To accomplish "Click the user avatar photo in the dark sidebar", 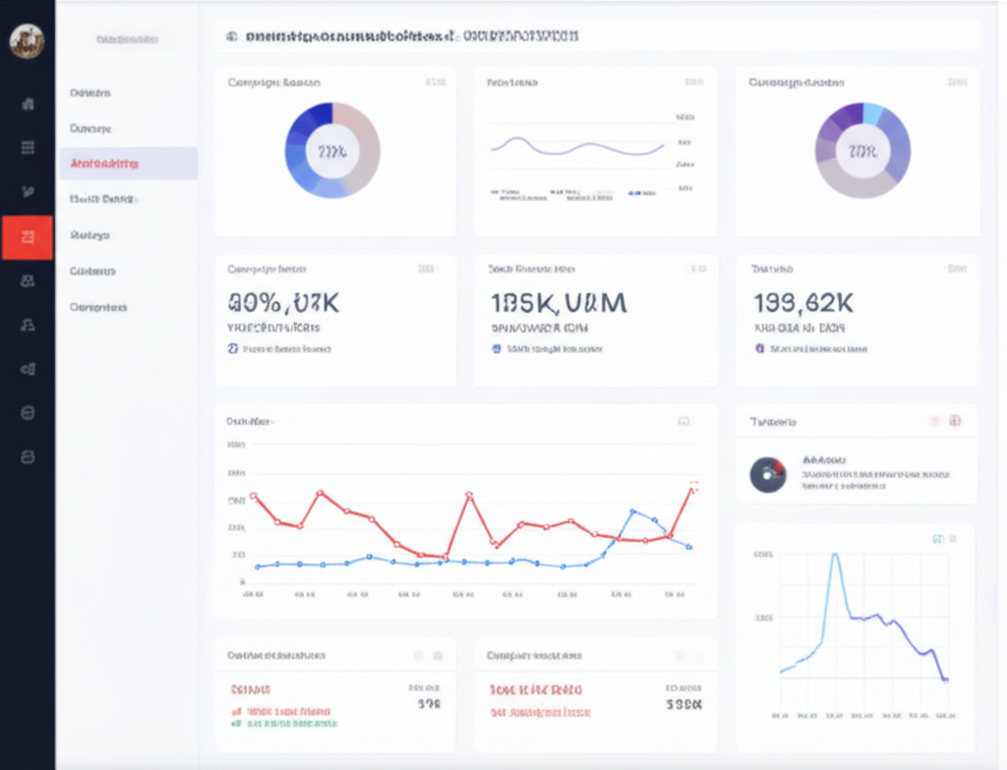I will click(27, 41).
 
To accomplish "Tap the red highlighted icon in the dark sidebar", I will click(28, 237).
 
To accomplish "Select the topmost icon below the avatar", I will click(28, 103).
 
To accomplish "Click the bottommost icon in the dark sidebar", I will click(28, 457).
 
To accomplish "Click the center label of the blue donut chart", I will click(332, 150).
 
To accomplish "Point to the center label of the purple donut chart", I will click(862, 150).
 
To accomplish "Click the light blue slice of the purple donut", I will click(872, 113).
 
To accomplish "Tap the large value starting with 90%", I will click(283, 302).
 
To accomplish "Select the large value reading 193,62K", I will click(804, 302).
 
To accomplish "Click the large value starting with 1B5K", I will click(558, 302).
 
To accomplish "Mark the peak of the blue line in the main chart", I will click(632, 511).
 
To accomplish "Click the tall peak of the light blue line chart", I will click(835, 557).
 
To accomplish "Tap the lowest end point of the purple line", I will click(944, 679).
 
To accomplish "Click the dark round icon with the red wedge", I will click(767, 474).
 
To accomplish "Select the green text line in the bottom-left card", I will click(290, 723).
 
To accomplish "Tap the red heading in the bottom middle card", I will click(535, 689).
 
